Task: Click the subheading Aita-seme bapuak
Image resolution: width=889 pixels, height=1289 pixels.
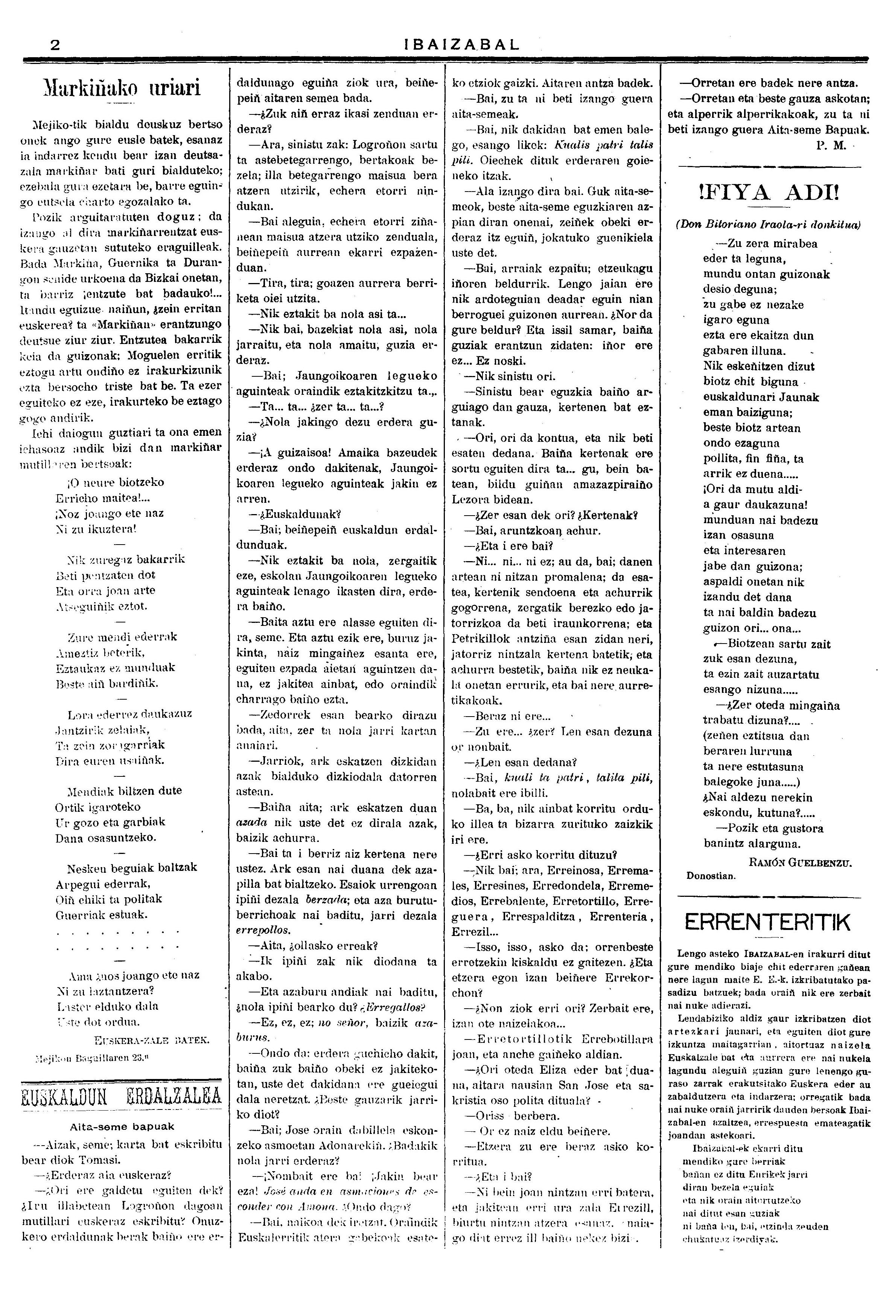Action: coord(122,1126)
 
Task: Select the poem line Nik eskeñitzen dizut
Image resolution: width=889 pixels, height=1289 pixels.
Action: coord(759,367)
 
